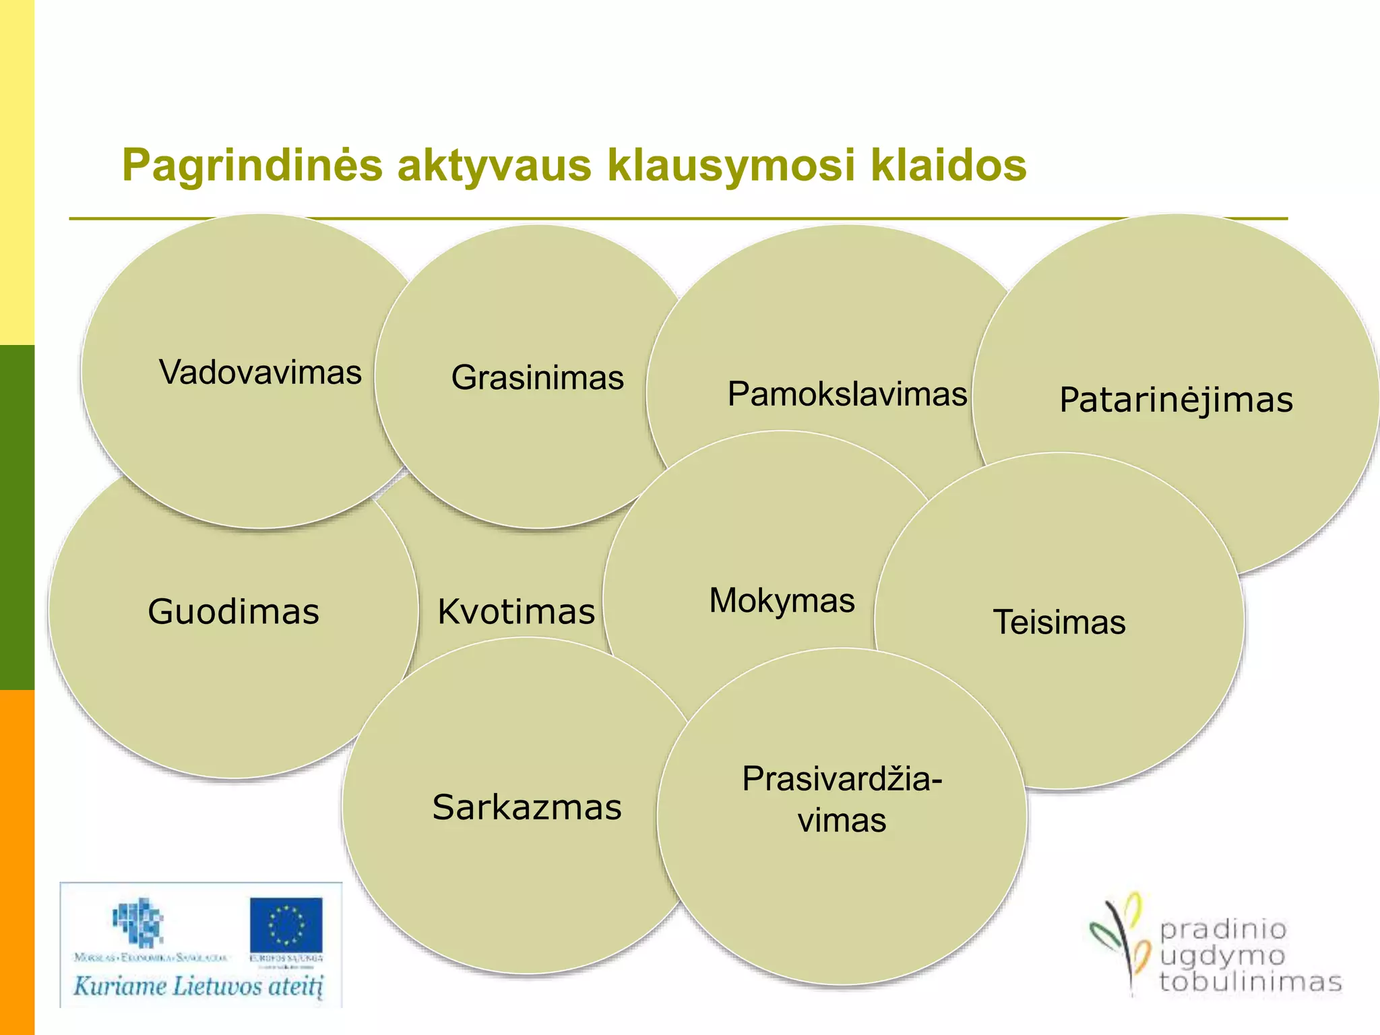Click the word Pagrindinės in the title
(x=252, y=166)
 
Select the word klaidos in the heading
(x=948, y=166)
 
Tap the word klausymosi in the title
(x=732, y=166)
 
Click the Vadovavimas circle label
(x=260, y=373)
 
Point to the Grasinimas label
(x=537, y=377)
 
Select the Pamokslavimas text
(x=847, y=394)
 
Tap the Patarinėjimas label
(x=1176, y=400)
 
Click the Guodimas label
(x=233, y=612)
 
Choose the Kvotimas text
(x=516, y=612)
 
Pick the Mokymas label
(x=782, y=600)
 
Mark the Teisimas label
(x=1059, y=622)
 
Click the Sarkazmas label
(x=527, y=807)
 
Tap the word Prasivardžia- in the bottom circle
(x=842, y=780)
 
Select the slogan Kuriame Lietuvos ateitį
(x=199, y=987)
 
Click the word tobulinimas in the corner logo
(x=1251, y=982)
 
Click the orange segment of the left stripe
(x=17, y=862)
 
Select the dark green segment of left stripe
(x=17, y=517)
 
